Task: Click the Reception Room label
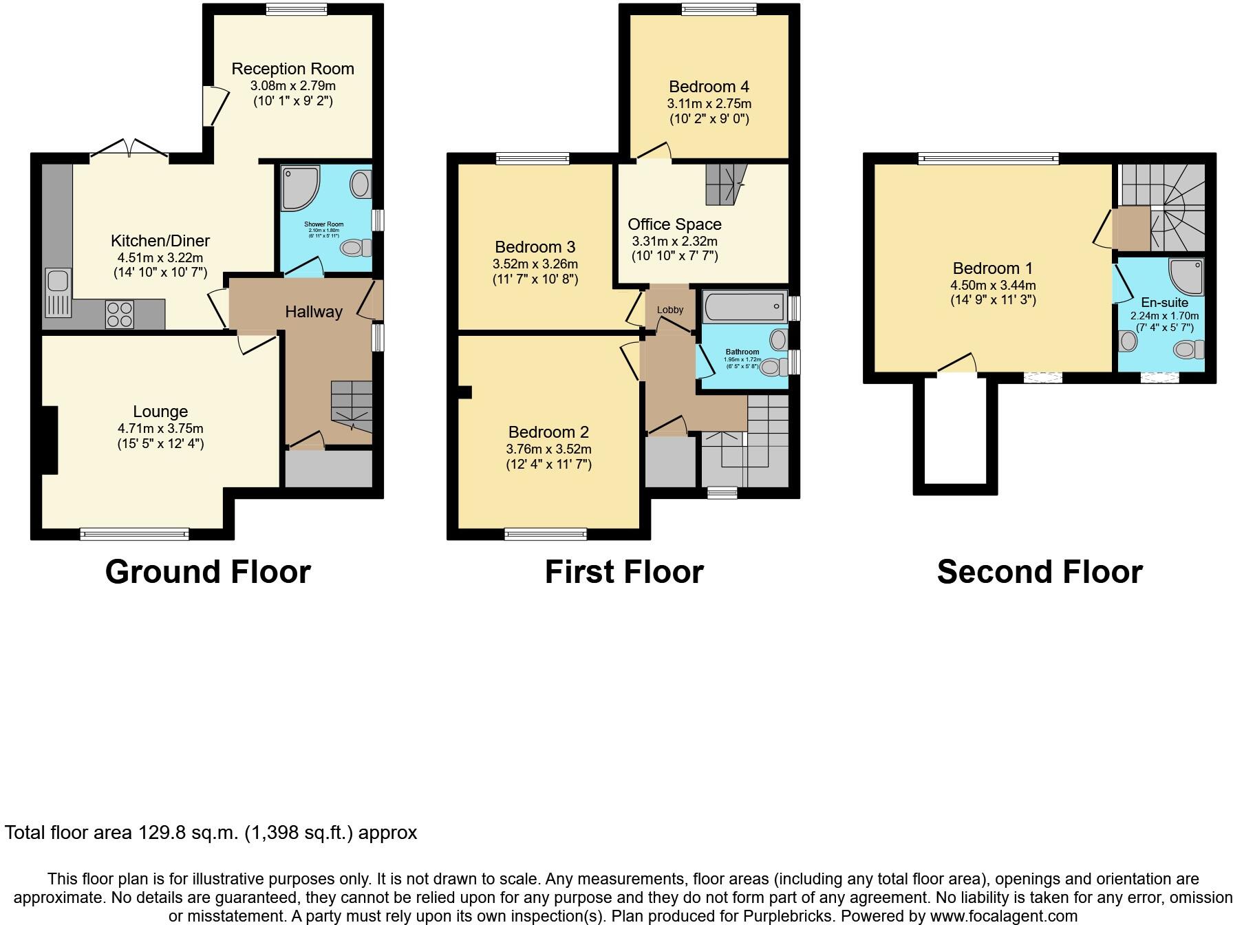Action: click(x=292, y=69)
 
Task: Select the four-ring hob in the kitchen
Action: click(x=120, y=315)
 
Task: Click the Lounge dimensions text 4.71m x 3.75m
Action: click(x=160, y=428)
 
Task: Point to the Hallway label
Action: click(x=314, y=312)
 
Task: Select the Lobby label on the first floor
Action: click(x=670, y=310)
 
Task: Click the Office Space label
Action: click(x=674, y=224)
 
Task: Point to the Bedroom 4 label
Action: click(x=709, y=87)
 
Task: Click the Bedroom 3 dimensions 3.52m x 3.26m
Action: click(x=535, y=264)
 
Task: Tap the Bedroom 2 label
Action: click(x=548, y=432)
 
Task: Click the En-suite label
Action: click(x=1164, y=302)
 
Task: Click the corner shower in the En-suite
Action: click(x=1187, y=275)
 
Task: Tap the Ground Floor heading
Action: click(x=208, y=572)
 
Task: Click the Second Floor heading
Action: click(x=1039, y=572)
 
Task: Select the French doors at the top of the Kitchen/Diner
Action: click(x=129, y=148)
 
